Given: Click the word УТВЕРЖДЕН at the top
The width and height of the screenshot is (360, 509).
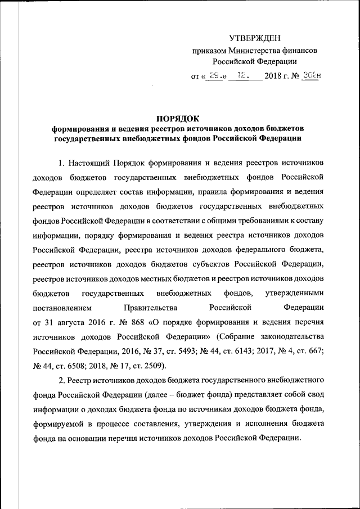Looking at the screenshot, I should point(254,38).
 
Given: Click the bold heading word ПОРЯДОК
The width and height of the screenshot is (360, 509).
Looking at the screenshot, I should point(178,118).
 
